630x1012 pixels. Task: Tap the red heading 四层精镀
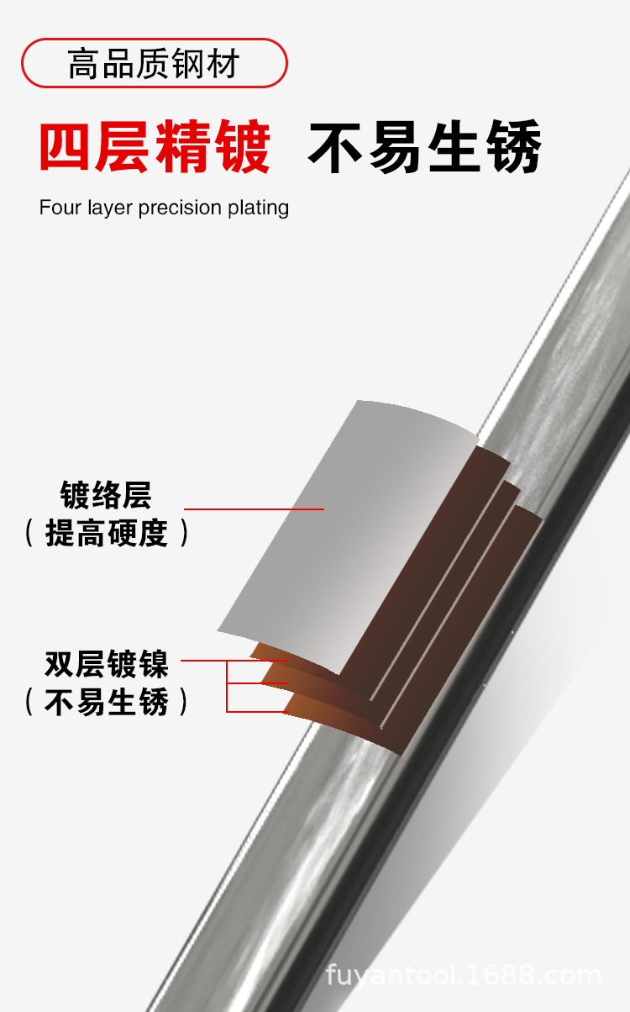pos(155,148)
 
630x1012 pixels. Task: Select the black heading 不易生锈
pos(424,148)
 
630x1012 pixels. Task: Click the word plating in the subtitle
pos(259,208)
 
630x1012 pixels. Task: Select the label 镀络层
pos(106,495)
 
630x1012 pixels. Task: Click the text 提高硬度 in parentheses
pos(107,533)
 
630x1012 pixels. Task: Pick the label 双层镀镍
pos(107,664)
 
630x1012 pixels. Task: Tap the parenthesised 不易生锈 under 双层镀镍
pos(107,702)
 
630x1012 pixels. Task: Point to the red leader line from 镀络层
pos(253,509)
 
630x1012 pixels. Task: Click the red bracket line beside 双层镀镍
pos(228,685)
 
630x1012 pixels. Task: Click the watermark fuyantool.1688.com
pos(464,976)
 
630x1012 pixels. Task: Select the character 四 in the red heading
pos(66,148)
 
